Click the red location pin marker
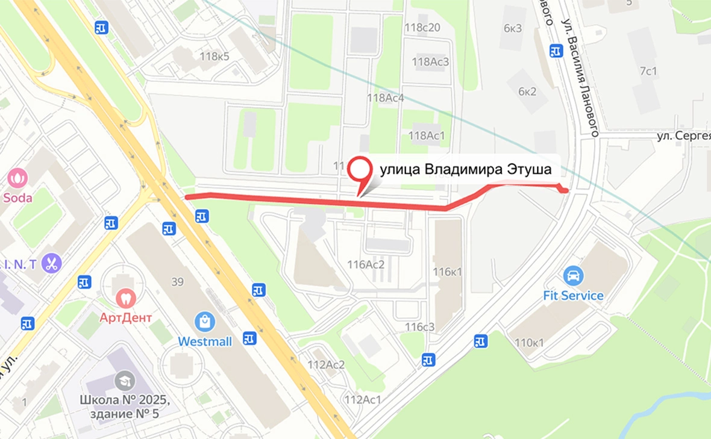[360, 171]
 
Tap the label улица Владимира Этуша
[465, 170]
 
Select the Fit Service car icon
[574, 276]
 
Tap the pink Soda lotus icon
[17, 178]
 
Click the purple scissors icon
[52, 263]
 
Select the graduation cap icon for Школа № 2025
[125, 380]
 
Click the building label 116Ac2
[366, 263]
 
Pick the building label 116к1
[447, 272]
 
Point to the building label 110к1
[529, 343]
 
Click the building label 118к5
[215, 57]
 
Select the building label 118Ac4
[385, 98]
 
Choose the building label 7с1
[648, 72]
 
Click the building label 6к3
[512, 28]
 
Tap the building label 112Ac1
[363, 399]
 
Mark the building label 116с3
[419, 327]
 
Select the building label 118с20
[422, 27]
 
